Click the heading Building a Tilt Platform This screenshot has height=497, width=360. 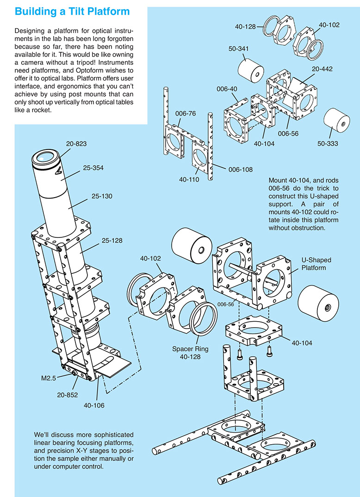pos(72,11)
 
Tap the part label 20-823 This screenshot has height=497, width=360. pos(76,144)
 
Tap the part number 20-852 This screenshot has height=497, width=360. pos(68,395)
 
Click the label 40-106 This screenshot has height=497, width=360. pos(94,405)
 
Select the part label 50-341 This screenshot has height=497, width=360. pos(239,48)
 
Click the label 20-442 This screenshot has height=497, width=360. pos(323,68)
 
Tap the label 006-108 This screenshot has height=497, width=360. pos(241,169)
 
